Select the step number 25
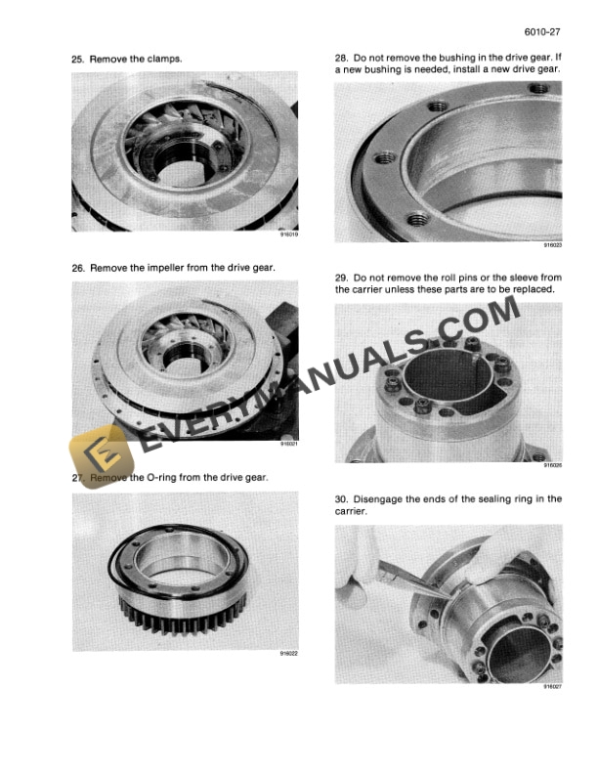coord(77,60)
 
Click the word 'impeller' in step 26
coord(165,268)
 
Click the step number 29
coord(340,278)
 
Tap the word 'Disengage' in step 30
coord(380,498)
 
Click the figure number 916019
coord(288,235)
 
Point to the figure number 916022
coord(288,655)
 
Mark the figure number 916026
coord(552,465)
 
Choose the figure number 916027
coord(552,686)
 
